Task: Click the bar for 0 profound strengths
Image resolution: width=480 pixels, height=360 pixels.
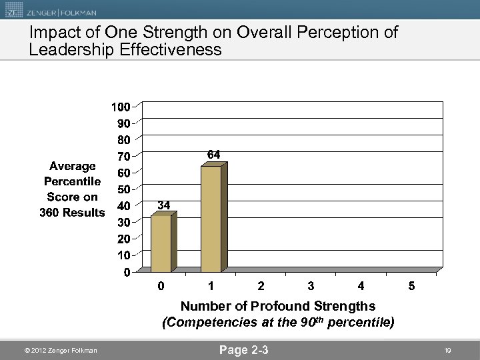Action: click(x=161, y=243)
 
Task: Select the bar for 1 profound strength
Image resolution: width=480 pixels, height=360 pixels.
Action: click(x=211, y=219)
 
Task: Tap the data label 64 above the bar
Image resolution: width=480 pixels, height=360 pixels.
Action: click(x=214, y=155)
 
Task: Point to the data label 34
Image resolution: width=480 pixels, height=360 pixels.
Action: click(x=164, y=205)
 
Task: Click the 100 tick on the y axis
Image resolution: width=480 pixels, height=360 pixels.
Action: click(x=121, y=107)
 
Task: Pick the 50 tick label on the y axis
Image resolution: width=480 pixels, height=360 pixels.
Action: click(x=124, y=189)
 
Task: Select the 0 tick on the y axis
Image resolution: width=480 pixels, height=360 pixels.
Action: click(x=127, y=272)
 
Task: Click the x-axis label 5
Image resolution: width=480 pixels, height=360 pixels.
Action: click(x=411, y=286)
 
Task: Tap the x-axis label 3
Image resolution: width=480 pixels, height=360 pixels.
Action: click(x=311, y=286)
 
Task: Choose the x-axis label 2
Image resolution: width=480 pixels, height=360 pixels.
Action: click(x=261, y=286)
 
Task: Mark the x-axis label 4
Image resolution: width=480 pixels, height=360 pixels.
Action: click(x=361, y=286)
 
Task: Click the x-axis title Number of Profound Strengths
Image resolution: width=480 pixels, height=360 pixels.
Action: click(x=278, y=307)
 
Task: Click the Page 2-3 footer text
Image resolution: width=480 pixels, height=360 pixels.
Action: click(x=244, y=349)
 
